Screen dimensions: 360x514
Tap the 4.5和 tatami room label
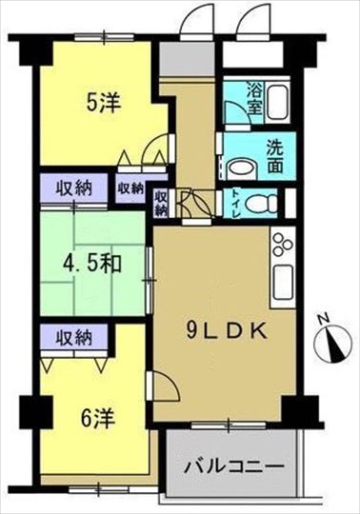92,263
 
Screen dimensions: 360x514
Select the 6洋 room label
97,419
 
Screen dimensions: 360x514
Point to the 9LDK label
226,332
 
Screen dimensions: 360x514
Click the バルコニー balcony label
233,465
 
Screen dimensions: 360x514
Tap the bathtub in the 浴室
278,102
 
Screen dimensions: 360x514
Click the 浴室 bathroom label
255,98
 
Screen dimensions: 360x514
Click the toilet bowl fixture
261,205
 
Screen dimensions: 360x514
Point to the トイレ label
237,204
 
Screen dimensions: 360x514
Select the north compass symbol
333,344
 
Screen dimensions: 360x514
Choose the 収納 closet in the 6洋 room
74,338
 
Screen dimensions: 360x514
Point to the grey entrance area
187,58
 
